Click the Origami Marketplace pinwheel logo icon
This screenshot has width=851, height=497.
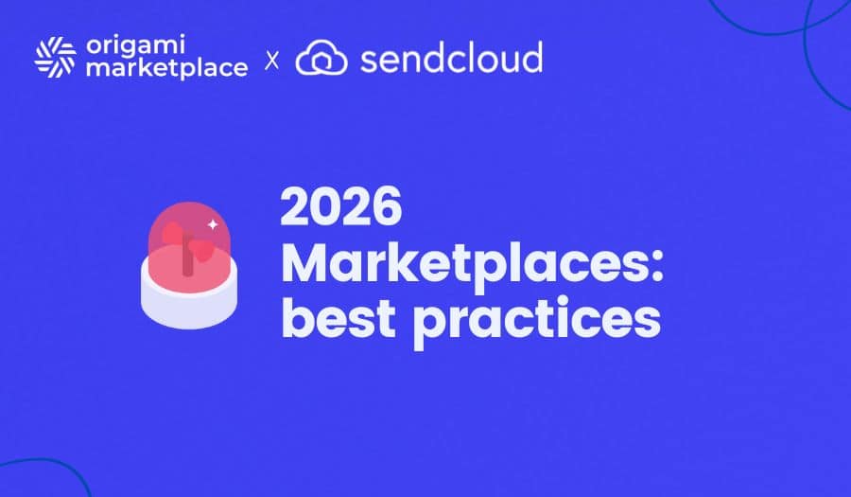tap(55, 57)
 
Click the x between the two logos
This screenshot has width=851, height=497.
tap(272, 61)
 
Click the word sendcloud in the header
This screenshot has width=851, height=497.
tap(451, 59)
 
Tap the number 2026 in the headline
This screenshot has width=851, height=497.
tap(341, 207)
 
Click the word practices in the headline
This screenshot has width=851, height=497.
tap(537, 320)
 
